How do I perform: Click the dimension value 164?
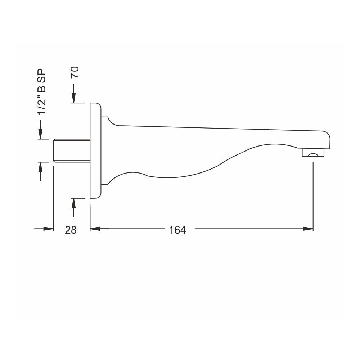[x=177, y=230]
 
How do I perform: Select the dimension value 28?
[x=71, y=230]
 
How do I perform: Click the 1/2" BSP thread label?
[x=42, y=91]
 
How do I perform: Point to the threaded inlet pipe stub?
[x=72, y=150]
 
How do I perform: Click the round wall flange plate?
[x=95, y=150]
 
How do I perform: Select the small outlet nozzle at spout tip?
[x=313, y=152]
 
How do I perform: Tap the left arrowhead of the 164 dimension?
[x=95, y=229]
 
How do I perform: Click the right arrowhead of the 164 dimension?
[x=308, y=229]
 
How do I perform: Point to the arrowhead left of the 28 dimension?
[x=48, y=229]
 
